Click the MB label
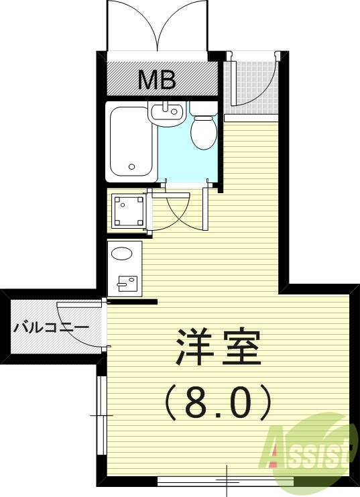[157, 80]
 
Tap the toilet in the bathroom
[202, 129]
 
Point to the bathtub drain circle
[132, 167]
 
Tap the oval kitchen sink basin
[122, 254]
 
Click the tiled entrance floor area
[251, 84]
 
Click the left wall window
[101, 416]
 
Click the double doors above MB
[157, 27]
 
